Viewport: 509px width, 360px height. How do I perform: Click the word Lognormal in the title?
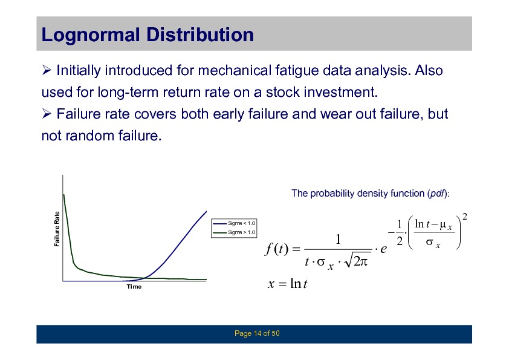coord(91,35)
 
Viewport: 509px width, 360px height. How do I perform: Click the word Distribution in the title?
coord(200,34)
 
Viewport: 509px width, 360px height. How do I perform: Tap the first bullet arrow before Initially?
coord(47,70)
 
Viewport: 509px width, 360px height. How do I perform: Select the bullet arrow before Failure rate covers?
coord(47,113)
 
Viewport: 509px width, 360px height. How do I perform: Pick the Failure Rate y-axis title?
coord(57,229)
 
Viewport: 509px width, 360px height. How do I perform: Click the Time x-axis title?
coord(134,287)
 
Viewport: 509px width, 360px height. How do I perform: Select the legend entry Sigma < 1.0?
coord(234,223)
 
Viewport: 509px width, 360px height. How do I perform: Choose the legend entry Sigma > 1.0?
coord(234,232)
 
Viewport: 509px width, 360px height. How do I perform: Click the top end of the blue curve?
coord(207,212)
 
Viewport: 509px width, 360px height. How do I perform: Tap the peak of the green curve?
coord(63,195)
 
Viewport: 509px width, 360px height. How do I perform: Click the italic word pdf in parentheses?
coord(437,194)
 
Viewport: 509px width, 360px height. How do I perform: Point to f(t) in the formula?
coord(277,249)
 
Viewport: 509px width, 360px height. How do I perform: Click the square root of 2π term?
coord(357,261)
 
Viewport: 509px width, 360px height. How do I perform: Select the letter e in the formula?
coord(383,249)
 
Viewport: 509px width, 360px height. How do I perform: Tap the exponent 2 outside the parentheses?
coord(464,217)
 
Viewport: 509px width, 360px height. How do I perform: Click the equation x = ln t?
coord(287,284)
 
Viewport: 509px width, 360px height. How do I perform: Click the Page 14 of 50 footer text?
coord(257,333)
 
